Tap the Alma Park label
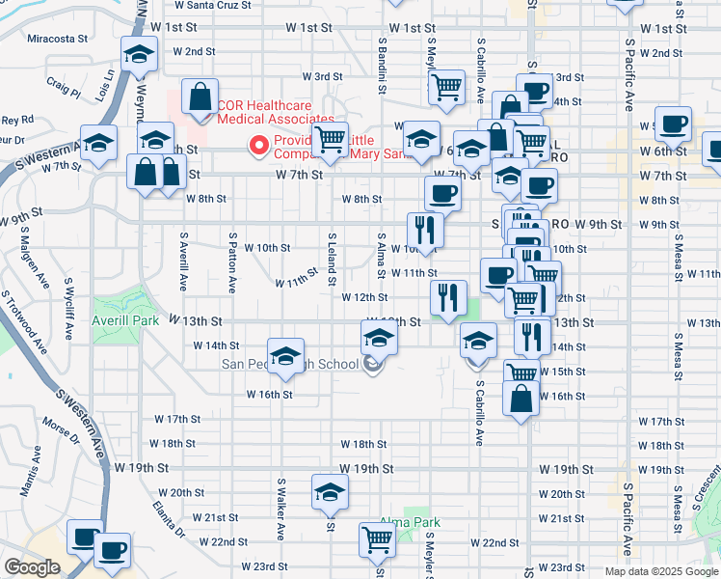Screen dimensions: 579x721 tap(410, 522)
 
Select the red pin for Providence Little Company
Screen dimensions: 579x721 tap(257, 146)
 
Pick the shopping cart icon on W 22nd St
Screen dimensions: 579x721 tap(377, 540)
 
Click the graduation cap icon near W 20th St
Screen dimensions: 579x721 tap(330, 493)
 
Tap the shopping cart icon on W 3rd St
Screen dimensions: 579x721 tap(446, 88)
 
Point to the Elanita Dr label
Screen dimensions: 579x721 tap(168, 518)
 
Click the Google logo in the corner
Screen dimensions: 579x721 tap(32, 567)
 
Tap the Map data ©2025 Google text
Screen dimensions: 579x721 tap(660, 571)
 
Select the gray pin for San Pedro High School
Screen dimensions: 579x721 tap(373, 364)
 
